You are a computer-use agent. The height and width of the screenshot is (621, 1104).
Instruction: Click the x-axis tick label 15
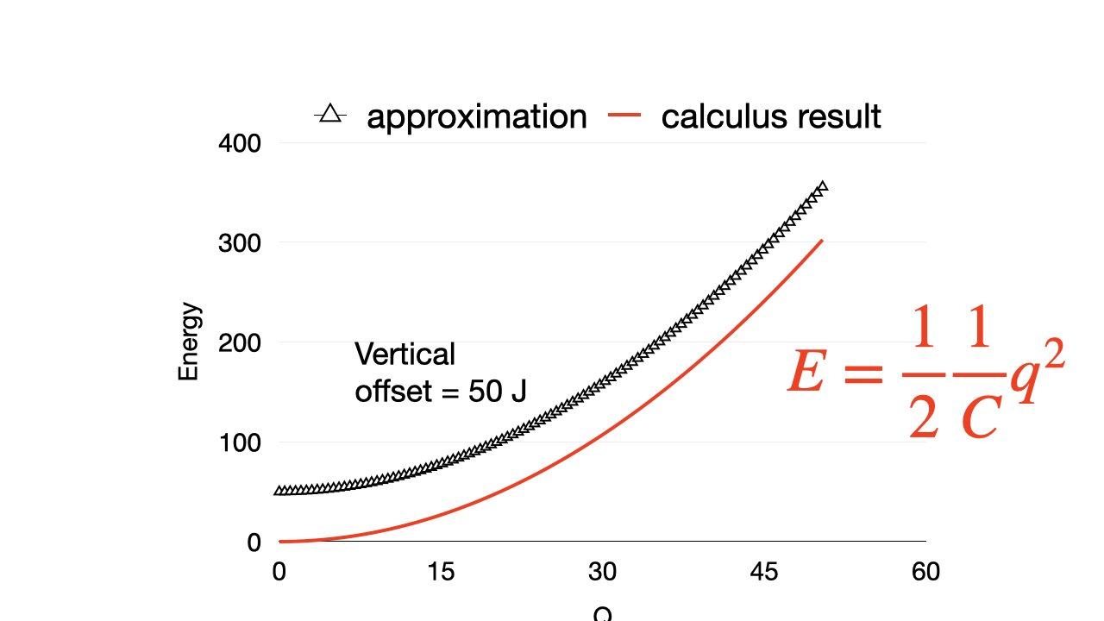441,572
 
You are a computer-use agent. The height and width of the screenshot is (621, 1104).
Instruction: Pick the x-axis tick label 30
602,572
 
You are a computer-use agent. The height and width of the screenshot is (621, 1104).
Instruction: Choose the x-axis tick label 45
764,572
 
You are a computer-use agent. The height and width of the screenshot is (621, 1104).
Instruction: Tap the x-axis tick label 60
925,572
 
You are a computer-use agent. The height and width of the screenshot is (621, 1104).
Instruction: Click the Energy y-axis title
189,341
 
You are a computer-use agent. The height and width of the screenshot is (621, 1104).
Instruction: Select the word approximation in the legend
477,116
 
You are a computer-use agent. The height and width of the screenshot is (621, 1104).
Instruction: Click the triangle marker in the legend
329,113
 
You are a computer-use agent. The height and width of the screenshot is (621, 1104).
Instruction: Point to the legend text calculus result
771,116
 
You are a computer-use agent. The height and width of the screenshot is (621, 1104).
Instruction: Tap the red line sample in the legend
625,115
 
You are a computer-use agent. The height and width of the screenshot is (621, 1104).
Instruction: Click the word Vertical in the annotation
405,354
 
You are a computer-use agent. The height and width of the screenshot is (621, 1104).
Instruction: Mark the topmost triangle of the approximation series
822,186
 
